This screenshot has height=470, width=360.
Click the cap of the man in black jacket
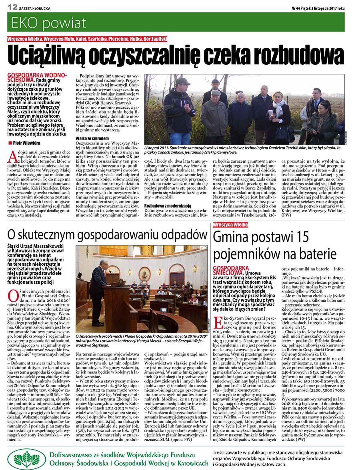pos(182,81)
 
